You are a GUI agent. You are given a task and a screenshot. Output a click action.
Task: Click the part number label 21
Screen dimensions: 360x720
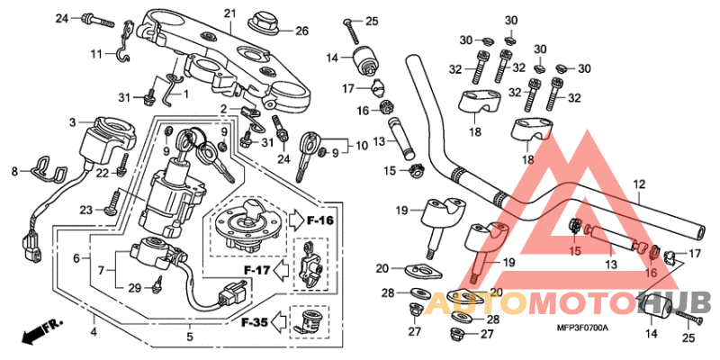[229, 13]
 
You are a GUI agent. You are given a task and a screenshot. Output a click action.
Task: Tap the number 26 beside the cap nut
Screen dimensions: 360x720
[301, 31]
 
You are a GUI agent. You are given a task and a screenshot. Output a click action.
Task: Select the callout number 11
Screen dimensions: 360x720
[72, 121]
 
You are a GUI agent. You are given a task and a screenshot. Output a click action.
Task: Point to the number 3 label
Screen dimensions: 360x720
[72, 121]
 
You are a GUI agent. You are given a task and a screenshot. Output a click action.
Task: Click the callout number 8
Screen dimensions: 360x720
[13, 170]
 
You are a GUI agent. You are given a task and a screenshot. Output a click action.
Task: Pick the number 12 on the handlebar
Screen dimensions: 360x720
[639, 184]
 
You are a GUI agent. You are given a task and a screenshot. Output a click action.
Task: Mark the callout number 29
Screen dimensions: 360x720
[134, 287]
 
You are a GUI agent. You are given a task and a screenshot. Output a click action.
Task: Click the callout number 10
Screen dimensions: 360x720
[362, 145]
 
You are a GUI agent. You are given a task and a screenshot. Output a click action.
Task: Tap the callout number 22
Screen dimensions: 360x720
[103, 172]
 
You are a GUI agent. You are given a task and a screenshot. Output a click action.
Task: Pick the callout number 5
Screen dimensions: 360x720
[189, 337]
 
